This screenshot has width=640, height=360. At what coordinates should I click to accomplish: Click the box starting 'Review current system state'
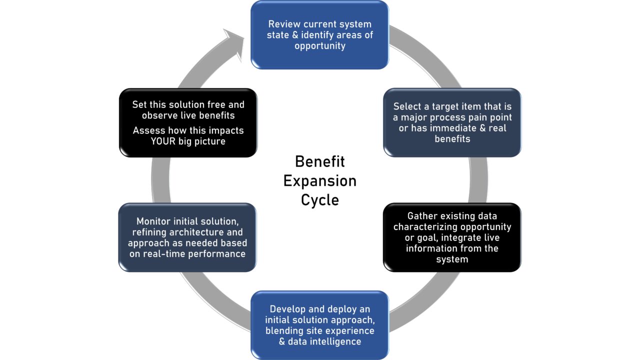point(319,35)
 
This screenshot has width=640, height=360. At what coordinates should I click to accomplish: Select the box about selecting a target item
point(452,122)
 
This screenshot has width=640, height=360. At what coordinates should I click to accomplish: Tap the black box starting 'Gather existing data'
point(452,237)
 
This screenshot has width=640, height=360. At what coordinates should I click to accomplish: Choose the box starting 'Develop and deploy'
point(319,325)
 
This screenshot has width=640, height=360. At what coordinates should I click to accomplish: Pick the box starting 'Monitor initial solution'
point(187,237)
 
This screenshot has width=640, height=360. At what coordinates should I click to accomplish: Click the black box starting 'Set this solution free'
point(188,122)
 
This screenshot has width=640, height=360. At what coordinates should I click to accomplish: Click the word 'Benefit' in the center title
point(319,161)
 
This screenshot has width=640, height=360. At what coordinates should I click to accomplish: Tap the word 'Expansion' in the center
point(320,181)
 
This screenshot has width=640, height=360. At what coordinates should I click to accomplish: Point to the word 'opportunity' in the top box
point(320,46)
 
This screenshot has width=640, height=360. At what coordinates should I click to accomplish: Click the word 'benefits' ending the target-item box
point(452,139)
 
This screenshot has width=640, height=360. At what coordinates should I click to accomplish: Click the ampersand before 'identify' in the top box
point(295,35)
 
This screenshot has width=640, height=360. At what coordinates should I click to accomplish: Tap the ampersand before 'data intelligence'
point(282,341)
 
